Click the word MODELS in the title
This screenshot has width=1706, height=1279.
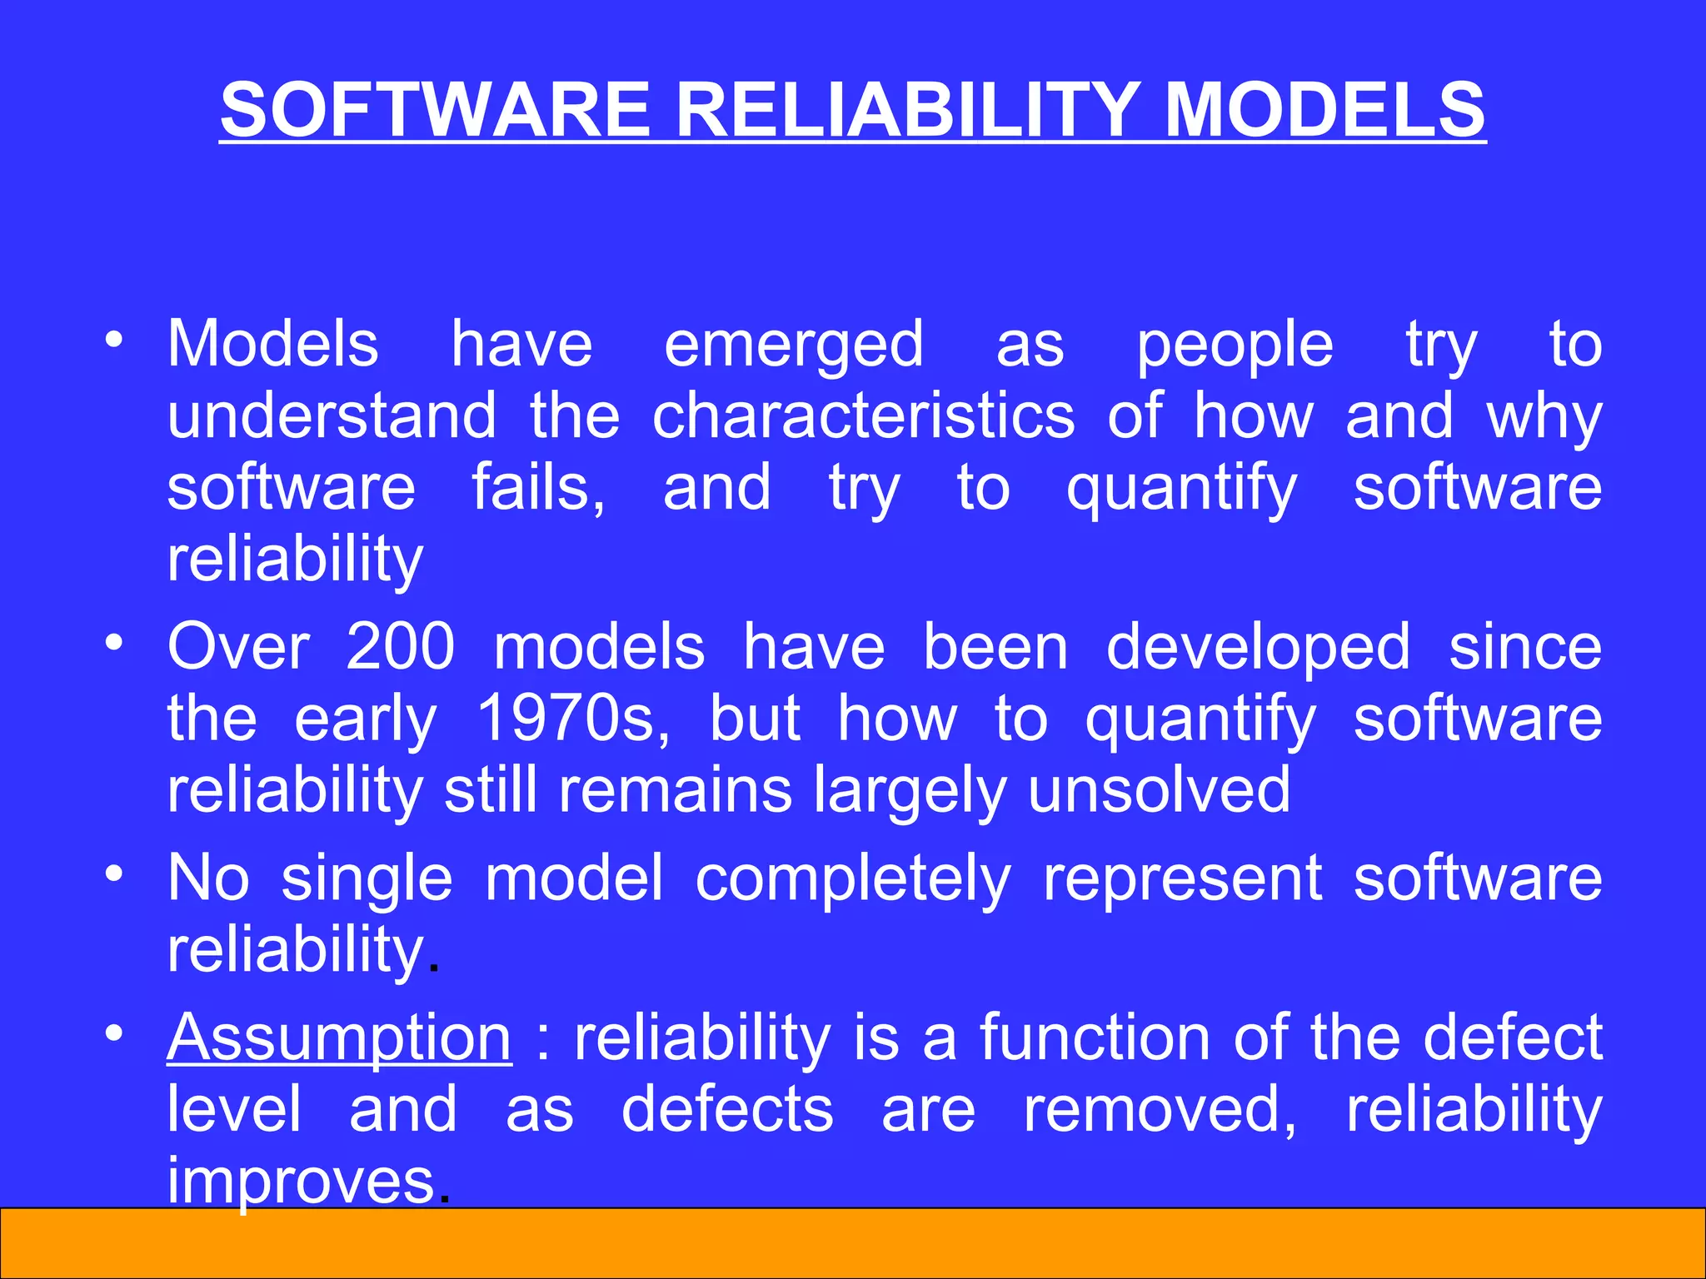(x=1324, y=110)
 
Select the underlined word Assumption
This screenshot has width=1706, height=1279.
(x=339, y=1039)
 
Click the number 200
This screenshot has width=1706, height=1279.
(x=400, y=647)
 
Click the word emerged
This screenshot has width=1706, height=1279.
(x=794, y=346)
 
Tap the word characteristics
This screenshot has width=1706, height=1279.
(x=863, y=416)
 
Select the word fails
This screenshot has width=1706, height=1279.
(x=538, y=488)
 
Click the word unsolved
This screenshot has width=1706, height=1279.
(x=1159, y=789)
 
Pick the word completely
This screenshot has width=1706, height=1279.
(x=853, y=879)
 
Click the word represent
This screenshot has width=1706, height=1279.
(x=1183, y=879)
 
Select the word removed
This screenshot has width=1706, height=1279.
(x=1160, y=1110)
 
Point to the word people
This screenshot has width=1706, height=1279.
(x=1235, y=346)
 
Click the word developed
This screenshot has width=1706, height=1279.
(x=1258, y=647)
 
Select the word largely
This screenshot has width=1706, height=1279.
(x=910, y=791)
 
